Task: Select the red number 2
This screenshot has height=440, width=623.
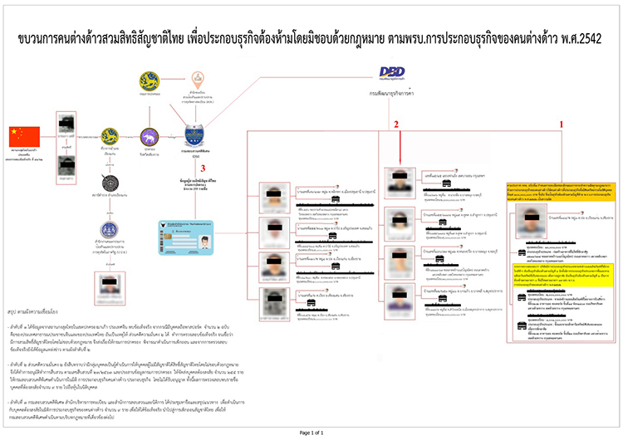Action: pyautogui.click(x=397, y=123)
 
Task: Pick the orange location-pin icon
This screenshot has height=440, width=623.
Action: pyautogui.click(x=197, y=81)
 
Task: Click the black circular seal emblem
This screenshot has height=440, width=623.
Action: pyautogui.click(x=110, y=183)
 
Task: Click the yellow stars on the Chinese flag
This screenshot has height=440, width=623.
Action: pyautogui.click(x=16, y=132)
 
